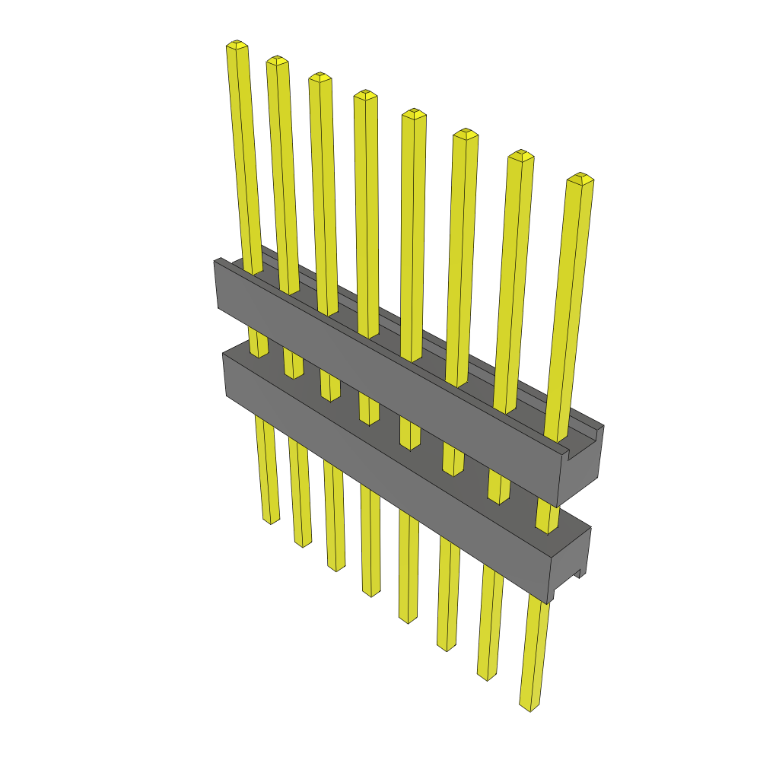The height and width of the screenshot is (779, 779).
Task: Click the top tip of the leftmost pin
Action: (237, 46)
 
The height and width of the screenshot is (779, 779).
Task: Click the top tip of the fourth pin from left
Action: (365, 95)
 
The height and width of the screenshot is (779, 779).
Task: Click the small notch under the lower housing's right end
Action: (578, 572)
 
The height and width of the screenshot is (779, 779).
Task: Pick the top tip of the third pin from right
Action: (465, 134)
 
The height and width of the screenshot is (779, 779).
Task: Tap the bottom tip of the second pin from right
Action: (486, 675)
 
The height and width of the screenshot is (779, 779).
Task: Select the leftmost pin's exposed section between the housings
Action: (258, 342)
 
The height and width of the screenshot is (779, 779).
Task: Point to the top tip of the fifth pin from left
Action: (414, 114)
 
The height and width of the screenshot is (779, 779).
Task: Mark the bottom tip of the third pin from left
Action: (336, 567)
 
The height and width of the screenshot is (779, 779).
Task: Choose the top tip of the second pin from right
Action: (520, 155)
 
